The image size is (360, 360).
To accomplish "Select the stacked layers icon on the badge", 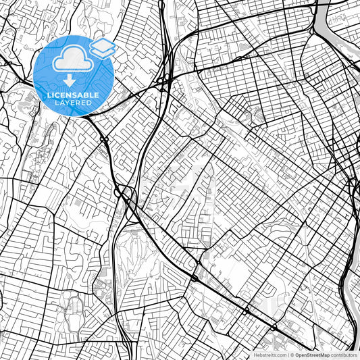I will (x=102, y=47).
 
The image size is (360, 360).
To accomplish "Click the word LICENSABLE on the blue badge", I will (x=72, y=95).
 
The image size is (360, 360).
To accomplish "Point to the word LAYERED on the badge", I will (x=72, y=103).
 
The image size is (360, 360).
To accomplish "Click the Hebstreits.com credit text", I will (x=268, y=355).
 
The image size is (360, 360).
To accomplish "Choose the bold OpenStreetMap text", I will (x=313, y=355).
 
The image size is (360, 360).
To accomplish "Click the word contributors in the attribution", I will (x=344, y=355).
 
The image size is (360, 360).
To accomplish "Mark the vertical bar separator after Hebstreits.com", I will (x=288, y=355).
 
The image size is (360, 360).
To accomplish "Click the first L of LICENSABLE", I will (x=47, y=95).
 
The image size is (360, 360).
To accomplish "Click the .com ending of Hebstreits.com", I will (x=280, y=355).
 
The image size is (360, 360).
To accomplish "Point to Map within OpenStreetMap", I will (x=324, y=355).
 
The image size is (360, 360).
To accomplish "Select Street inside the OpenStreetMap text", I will (x=313, y=355).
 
